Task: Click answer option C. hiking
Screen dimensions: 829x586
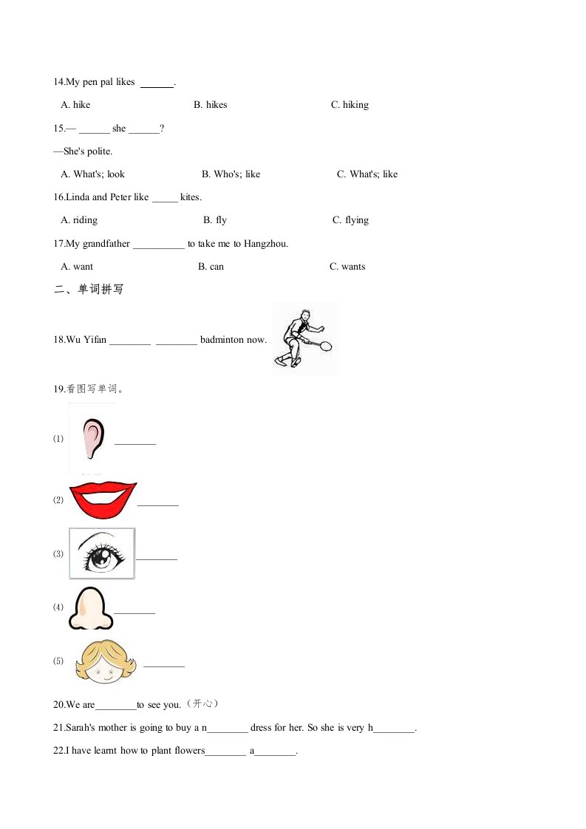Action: click(350, 105)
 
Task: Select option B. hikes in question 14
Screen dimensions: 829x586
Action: click(211, 105)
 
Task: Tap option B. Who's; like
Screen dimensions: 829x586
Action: click(231, 174)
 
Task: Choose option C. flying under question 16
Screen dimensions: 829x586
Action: click(350, 220)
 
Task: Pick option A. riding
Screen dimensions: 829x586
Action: click(79, 220)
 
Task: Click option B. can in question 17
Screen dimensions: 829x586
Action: click(211, 267)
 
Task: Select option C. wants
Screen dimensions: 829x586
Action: click(347, 267)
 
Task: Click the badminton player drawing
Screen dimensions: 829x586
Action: click(304, 339)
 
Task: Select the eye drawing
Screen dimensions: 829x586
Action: click(102, 553)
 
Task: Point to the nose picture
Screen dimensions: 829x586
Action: click(91, 607)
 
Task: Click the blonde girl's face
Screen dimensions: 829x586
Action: click(105, 661)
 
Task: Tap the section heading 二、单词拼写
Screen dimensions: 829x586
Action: click(89, 290)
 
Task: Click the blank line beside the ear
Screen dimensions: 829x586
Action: click(135, 444)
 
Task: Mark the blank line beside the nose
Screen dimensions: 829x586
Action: click(134, 613)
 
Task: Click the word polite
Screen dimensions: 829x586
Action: click(99, 151)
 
